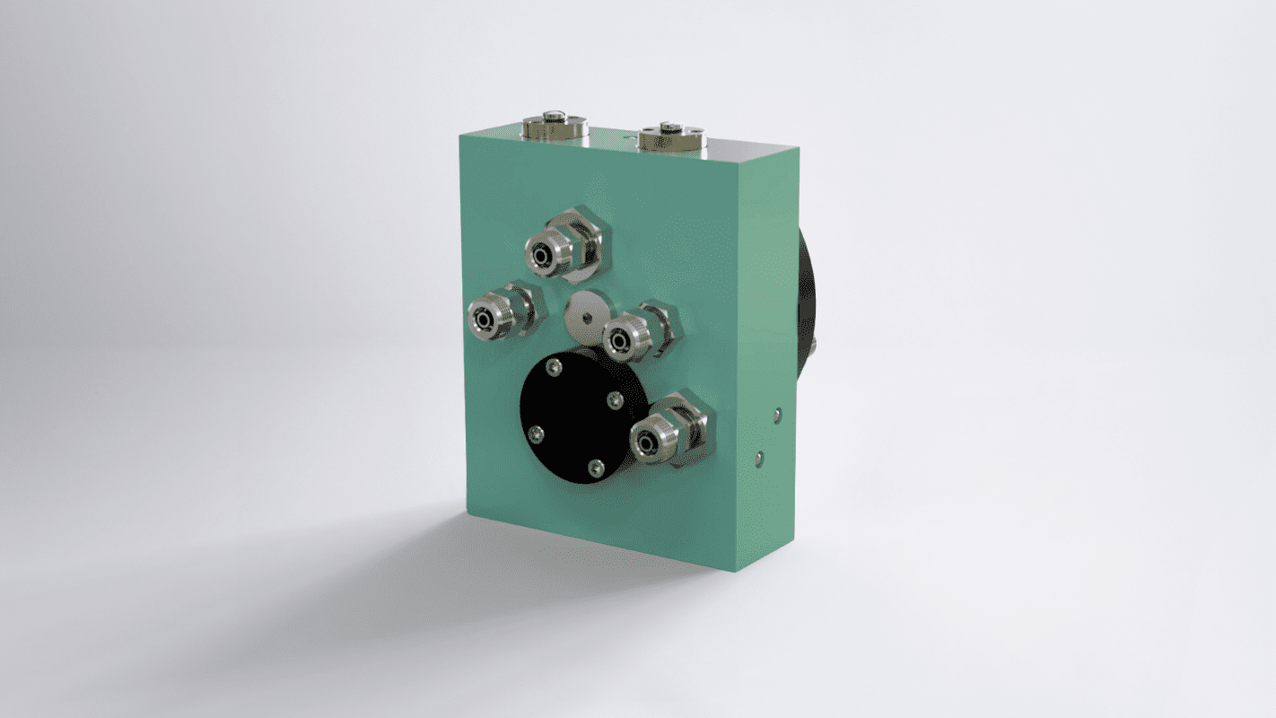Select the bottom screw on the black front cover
[595, 467]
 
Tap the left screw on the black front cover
[537, 435]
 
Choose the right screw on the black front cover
[616, 400]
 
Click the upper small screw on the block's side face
[777, 415]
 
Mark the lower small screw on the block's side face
[759, 458]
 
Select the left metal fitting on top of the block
[555, 126]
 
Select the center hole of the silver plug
[585, 314]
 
